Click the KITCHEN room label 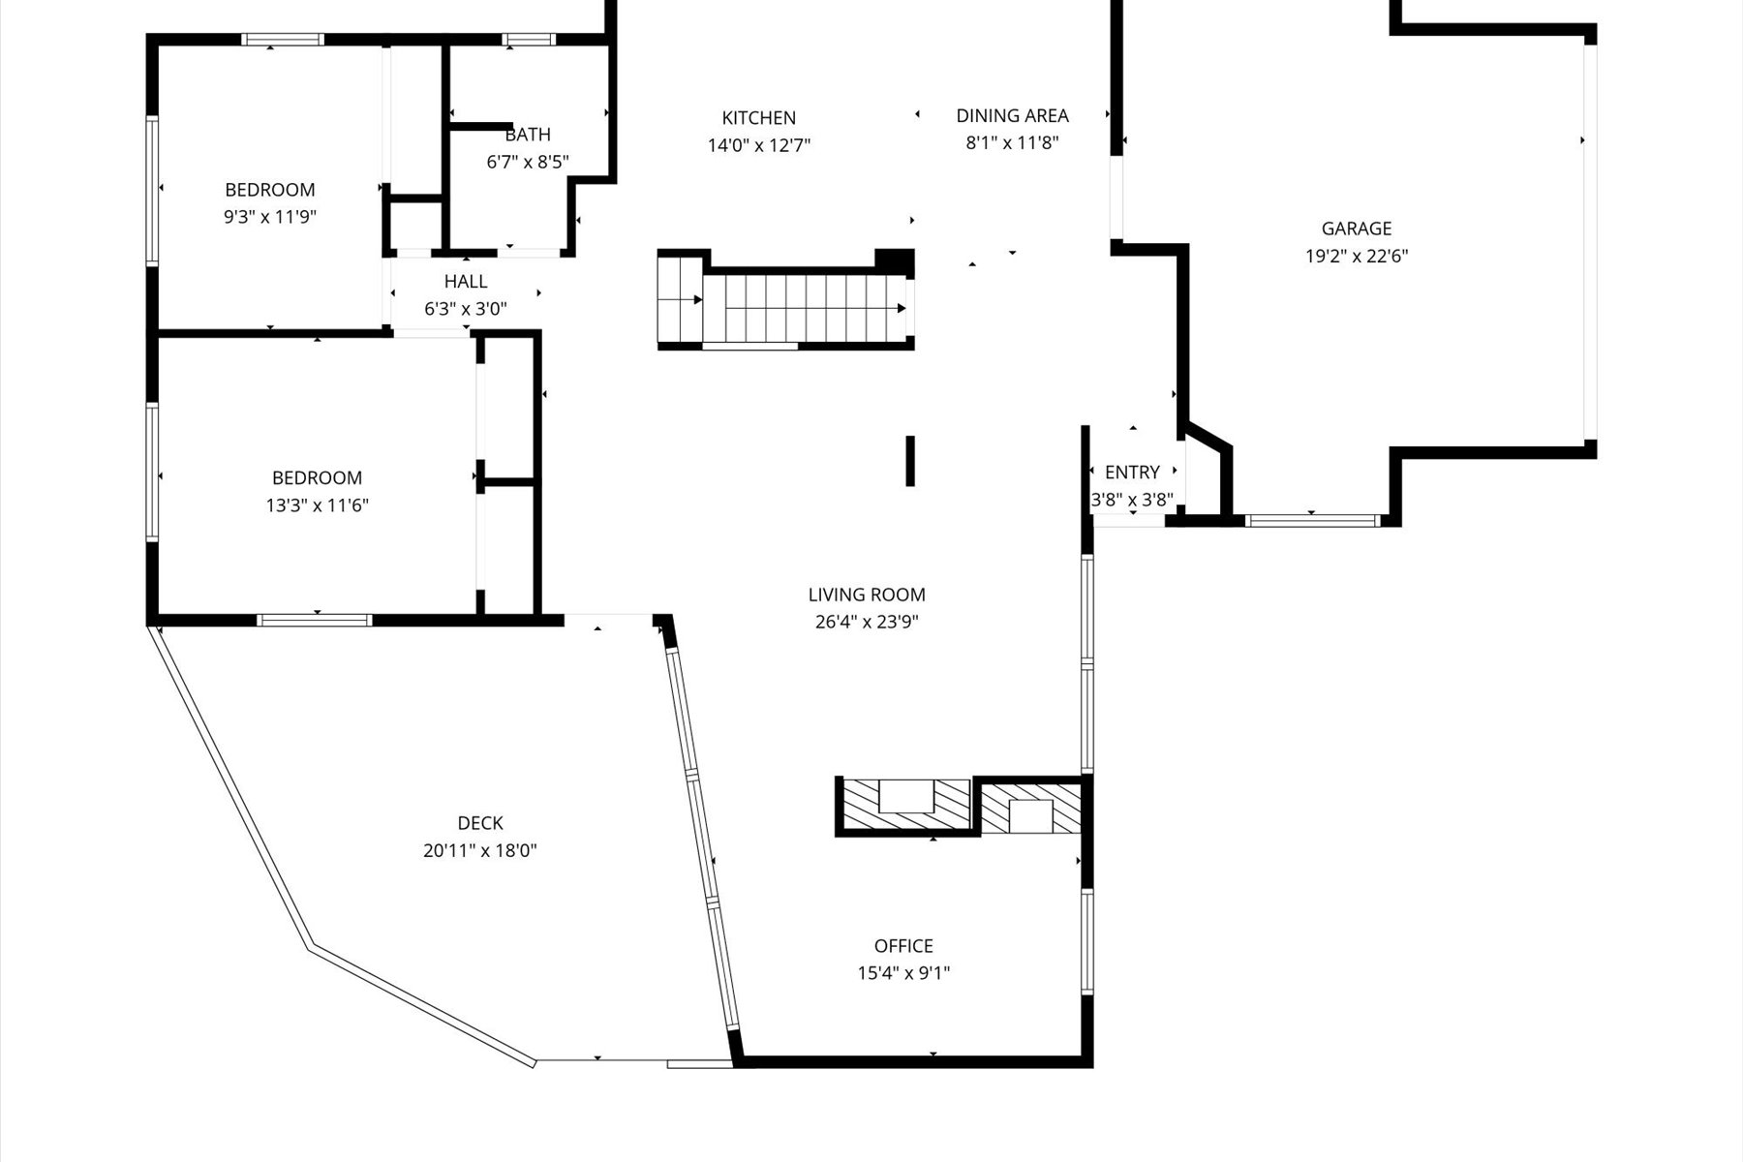click(758, 118)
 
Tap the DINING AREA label click(1012, 116)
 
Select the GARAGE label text click(1356, 229)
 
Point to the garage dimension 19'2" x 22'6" click(1356, 257)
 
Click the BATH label click(528, 135)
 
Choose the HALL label click(466, 282)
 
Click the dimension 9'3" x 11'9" click(270, 217)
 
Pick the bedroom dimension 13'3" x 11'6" click(317, 505)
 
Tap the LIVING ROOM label click(867, 595)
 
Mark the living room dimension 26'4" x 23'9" click(867, 622)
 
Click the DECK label click(480, 823)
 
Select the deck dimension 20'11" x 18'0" click(480, 851)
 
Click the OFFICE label click(903, 946)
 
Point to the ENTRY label click(1132, 473)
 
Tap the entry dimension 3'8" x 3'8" click(1132, 501)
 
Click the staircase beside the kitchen click(784, 308)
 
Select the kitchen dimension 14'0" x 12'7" click(758, 146)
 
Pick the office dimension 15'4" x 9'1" click(903, 973)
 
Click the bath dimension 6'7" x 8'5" click(528, 163)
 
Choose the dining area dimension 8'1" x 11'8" click(1012, 143)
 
